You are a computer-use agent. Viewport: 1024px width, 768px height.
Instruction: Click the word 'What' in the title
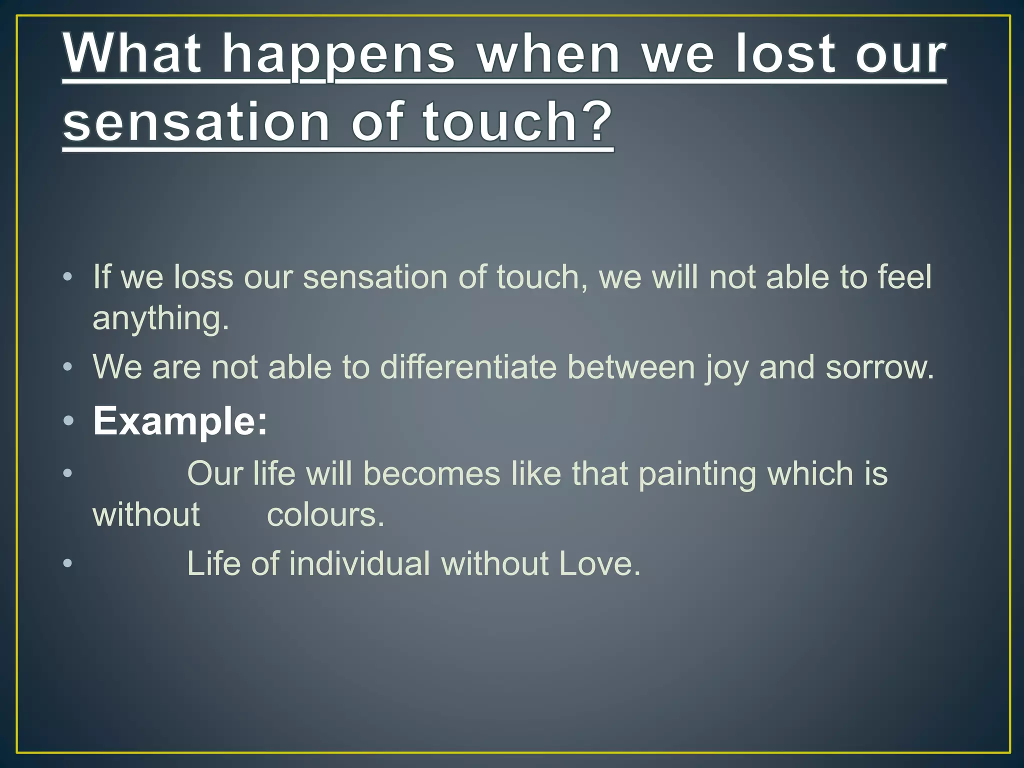coord(133,53)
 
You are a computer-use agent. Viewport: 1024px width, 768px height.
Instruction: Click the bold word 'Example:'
coord(180,421)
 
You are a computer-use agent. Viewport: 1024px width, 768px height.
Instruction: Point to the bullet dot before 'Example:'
coord(68,421)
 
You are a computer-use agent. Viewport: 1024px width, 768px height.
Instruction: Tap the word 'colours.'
coord(325,515)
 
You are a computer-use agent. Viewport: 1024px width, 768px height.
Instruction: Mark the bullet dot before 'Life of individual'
coord(68,564)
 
